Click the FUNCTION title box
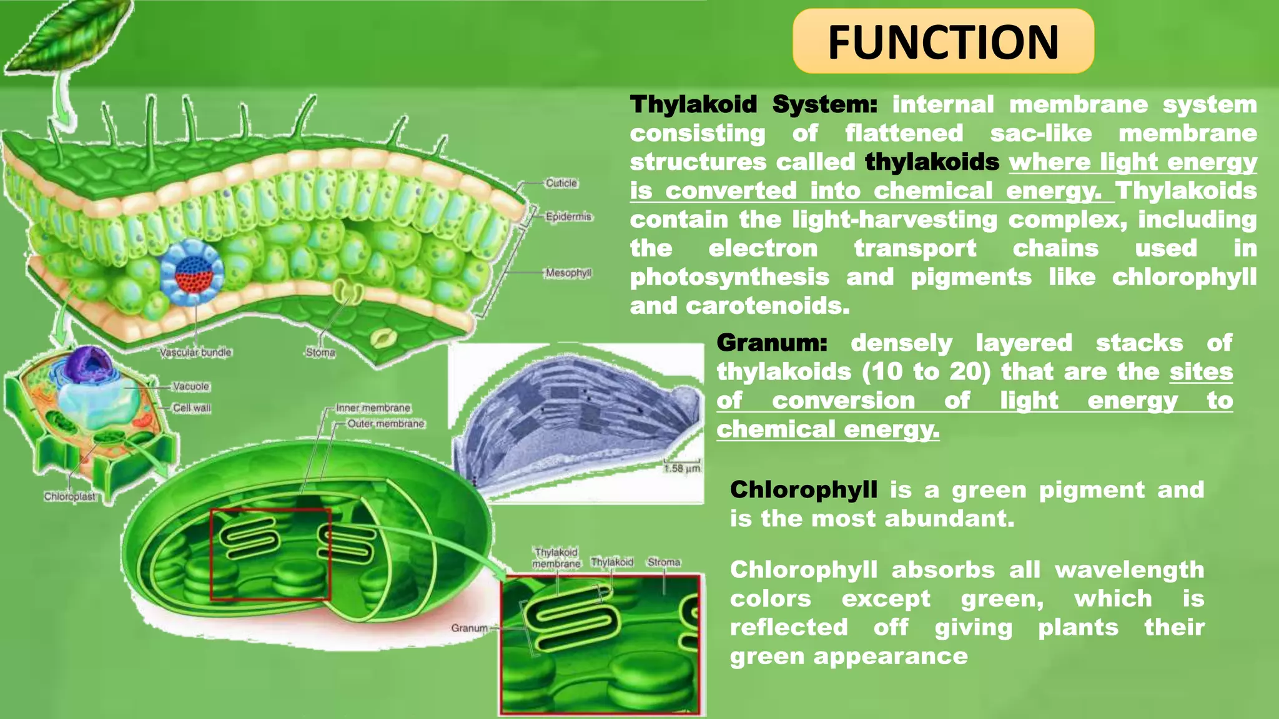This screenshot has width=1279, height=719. tap(943, 42)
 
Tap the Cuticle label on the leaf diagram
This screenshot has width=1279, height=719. tap(561, 183)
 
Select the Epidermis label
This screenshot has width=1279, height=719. tap(568, 217)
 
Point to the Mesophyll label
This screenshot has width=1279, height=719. tap(568, 273)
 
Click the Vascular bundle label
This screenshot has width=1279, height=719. tap(195, 352)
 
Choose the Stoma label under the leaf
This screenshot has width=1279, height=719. tap(320, 353)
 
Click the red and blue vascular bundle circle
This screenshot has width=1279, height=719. tap(192, 272)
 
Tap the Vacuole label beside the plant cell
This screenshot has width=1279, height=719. tap(191, 386)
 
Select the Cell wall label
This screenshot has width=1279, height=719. tap(192, 408)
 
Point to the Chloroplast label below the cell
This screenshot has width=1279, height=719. tap(69, 496)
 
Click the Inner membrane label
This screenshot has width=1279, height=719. tap(373, 408)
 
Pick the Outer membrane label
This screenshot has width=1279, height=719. tap(385, 423)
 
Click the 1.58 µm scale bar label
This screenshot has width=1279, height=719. tap(682, 468)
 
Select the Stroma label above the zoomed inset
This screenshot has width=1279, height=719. tap(663, 562)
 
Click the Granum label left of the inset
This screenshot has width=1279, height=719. tap(469, 627)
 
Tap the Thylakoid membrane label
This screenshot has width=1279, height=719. tap(556, 558)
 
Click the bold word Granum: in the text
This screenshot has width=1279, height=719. tap(772, 343)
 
